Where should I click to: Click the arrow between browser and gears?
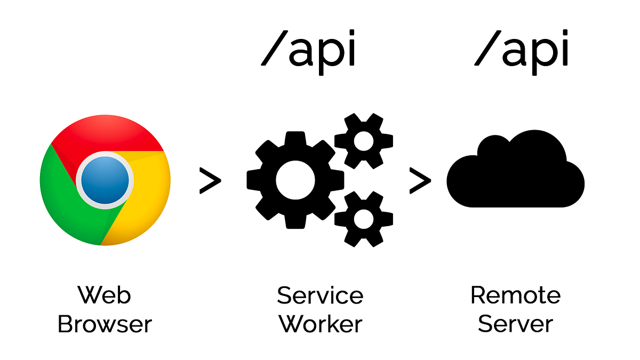pyautogui.click(x=210, y=180)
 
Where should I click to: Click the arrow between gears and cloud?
pyautogui.click(x=420, y=180)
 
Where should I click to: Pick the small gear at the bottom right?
pyautogui.click(x=364, y=219)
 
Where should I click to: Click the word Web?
pyautogui.click(x=105, y=295)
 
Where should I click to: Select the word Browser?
pyautogui.click(x=105, y=324)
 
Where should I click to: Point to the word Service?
pyautogui.click(x=320, y=295)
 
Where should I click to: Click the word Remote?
pyautogui.click(x=515, y=295)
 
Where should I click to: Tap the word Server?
pyautogui.click(x=515, y=324)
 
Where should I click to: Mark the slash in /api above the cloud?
pyautogui.click(x=487, y=51)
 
